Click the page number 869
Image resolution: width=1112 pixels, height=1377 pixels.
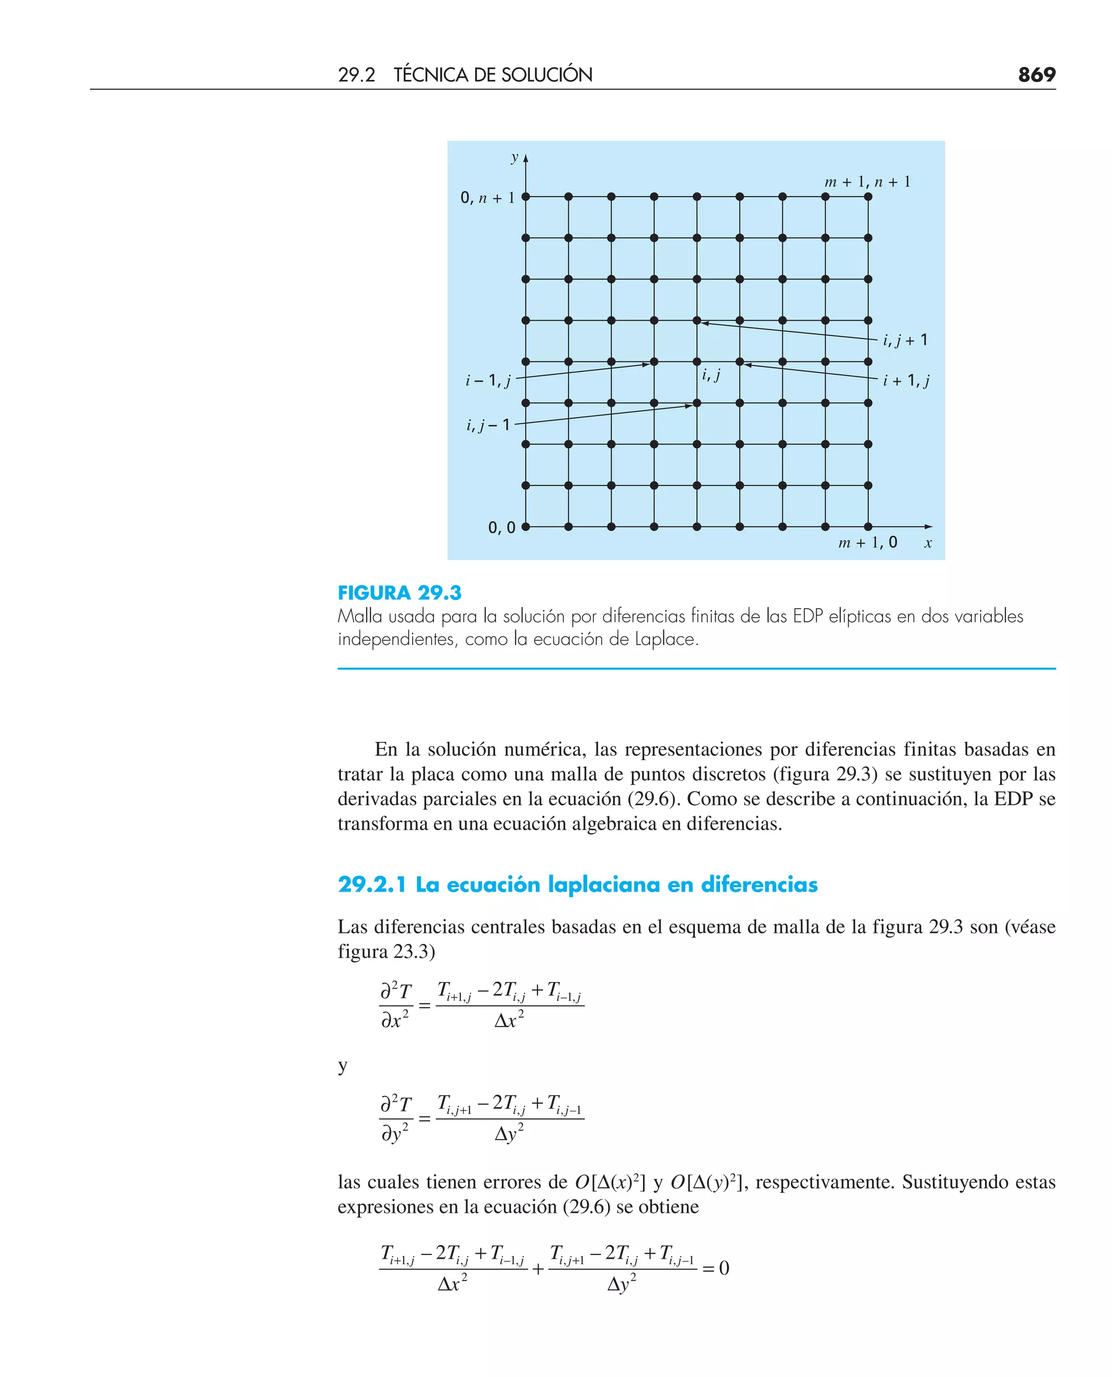(x=1036, y=74)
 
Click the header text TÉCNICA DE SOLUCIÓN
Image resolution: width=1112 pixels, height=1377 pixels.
(x=492, y=75)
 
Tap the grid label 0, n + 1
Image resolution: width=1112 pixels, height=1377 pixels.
(x=488, y=198)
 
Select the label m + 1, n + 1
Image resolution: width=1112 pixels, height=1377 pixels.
(x=867, y=182)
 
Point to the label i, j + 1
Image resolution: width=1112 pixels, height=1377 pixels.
(x=905, y=340)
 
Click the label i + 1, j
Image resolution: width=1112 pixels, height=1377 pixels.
(x=906, y=381)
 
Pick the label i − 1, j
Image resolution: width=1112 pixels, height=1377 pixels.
(x=488, y=381)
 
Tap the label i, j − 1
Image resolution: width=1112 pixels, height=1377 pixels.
(x=488, y=425)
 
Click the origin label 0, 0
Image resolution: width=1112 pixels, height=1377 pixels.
(x=502, y=528)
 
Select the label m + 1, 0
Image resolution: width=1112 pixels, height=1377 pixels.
(x=867, y=543)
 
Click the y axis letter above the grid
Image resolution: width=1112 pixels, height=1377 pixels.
(x=514, y=157)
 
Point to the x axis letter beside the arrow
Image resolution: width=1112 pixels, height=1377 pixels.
(x=927, y=543)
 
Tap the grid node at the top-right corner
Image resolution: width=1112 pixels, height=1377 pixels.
(x=868, y=197)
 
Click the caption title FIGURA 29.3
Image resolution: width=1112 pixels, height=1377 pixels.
(x=399, y=592)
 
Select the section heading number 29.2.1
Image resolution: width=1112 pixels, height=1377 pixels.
(x=371, y=885)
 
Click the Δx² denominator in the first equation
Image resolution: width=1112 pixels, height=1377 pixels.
(x=509, y=1020)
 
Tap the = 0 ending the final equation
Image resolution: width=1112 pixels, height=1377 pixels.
(x=716, y=1268)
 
